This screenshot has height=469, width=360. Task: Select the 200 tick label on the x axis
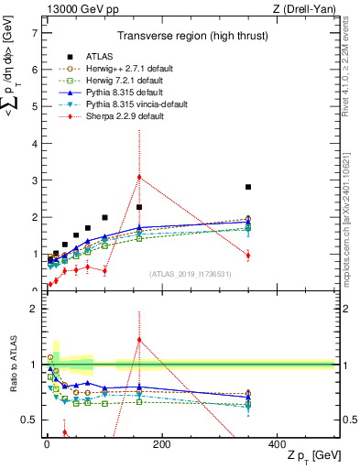pos(161,444)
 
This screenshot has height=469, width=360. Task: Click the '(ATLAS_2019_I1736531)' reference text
pos(190,274)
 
